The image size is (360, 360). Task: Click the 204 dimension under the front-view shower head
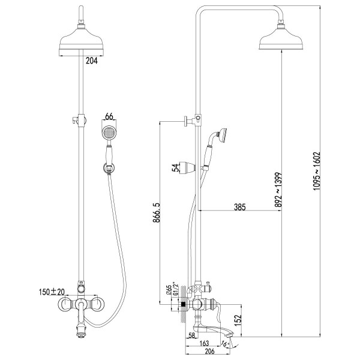(x=92, y=61)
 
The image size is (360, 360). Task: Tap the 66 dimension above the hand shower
(x=109, y=116)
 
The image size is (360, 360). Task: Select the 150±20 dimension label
(x=52, y=292)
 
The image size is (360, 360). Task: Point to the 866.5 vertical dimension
(x=157, y=212)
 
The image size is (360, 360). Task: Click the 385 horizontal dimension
(x=239, y=207)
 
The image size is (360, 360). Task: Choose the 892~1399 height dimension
(x=278, y=190)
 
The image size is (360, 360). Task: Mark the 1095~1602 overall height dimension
(x=317, y=171)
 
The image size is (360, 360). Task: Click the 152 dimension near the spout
(x=238, y=320)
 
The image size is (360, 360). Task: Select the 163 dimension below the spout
(x=204, y=343)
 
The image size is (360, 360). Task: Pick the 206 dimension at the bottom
(x=209, y=351)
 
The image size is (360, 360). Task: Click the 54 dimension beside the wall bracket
(x=175, y=167)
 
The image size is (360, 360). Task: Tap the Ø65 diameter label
(x=169, y=290)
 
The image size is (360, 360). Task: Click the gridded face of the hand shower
(x=109, y=133)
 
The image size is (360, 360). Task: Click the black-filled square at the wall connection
(x=183, y=305)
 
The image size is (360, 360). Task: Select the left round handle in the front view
(x=65, y=304)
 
